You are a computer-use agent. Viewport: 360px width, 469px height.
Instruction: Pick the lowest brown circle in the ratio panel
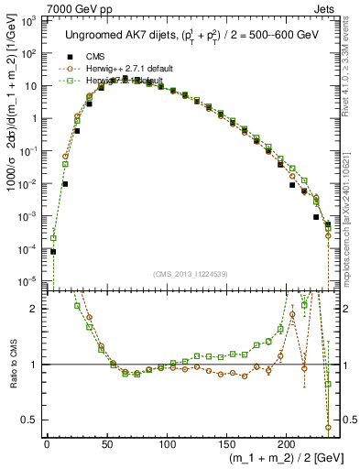click(328, 427)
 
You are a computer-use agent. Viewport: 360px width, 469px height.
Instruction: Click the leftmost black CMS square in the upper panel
click(53, 251)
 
